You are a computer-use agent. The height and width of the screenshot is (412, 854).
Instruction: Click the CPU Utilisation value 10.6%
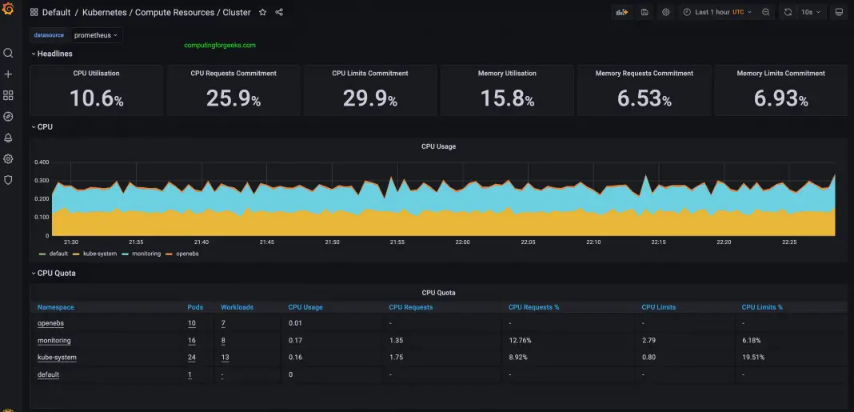point(96,98)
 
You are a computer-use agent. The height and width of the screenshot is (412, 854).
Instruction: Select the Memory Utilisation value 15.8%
point(507,98)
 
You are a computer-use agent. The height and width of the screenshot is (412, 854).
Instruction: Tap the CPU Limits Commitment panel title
point(370,74)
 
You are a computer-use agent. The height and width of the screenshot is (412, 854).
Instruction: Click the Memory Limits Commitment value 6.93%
point(780,98)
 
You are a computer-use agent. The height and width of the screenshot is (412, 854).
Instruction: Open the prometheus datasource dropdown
point(95,35)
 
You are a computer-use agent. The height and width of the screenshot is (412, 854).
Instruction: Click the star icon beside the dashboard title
point(263,13)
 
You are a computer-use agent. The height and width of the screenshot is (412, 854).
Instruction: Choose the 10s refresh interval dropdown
point(812,13)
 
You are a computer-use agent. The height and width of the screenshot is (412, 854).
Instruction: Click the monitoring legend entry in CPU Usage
point(146,254)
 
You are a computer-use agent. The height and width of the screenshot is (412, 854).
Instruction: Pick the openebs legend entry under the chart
point(188,254)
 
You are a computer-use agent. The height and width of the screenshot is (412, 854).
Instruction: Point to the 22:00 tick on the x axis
point(462,242)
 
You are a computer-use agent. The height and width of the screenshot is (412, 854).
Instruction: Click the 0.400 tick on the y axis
point(41,162)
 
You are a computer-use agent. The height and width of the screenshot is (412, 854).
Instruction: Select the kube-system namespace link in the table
point(57,358)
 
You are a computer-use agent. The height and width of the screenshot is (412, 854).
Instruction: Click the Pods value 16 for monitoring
point(192,341)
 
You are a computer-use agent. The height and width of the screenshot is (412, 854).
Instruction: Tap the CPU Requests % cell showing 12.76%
point(520,341)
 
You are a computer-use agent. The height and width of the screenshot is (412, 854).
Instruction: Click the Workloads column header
point(237,307)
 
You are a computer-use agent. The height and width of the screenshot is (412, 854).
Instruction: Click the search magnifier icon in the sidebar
point(8,54)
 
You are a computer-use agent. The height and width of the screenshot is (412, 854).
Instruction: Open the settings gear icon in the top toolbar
point(665,13)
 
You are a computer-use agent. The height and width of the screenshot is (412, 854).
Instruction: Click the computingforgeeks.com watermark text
point(220,46)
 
